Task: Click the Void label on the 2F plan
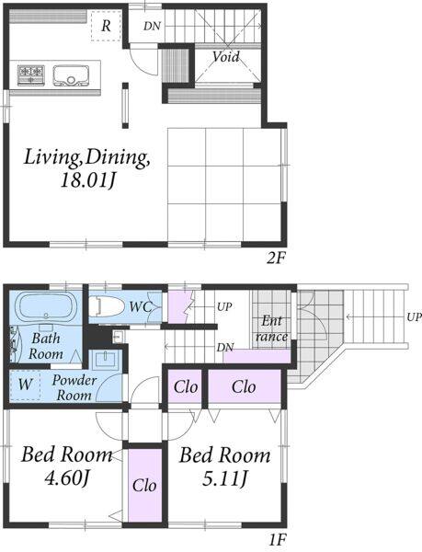[226, 56]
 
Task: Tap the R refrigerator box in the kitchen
[107, 26]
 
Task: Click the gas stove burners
[31, 75]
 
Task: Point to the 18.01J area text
[87, 180]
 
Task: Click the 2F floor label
[275, 259]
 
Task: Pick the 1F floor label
[277, 540]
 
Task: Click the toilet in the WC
[107, 306]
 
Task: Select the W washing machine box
[25, 385]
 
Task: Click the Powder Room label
[74, 387]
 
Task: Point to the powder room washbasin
[107, 360]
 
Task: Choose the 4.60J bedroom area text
[68, 478]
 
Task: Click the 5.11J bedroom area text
[225, 478]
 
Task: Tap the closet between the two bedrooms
[145, 485]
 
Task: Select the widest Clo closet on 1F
[245, 386]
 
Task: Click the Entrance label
[271, 328]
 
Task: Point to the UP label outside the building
[415, 316]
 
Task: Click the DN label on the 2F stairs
[152, 26]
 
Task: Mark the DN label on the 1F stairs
[225, 348]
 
